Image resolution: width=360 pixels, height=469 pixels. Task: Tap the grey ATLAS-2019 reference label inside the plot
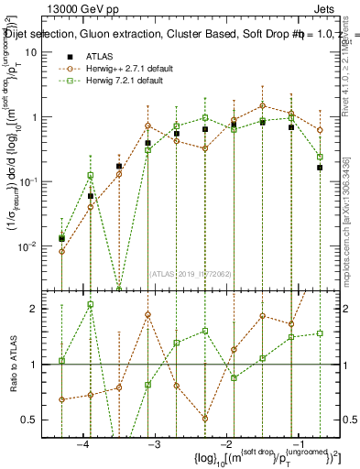tap(190, 273)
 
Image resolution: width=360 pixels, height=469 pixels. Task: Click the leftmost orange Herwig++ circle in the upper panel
tap(61, 251)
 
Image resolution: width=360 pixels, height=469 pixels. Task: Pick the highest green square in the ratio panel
tap(91, 304)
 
